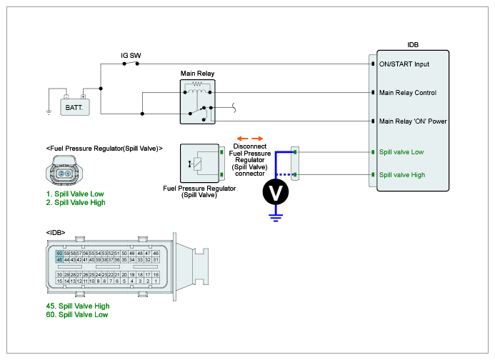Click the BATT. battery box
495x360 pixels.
click(73, 108)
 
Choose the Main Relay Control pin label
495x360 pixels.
click(407, 92)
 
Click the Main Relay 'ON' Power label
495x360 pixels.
click(412, 121)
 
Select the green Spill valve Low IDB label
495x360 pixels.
click(401, 151)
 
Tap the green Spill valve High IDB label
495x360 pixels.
click(401, 175)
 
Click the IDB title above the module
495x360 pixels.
click(413, 44)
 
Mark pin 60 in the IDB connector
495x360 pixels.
click(59, 254)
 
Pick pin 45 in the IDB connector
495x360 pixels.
click(59, 260)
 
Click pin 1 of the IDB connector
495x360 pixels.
click(156, 281)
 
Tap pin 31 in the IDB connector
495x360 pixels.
click(156, 260)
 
